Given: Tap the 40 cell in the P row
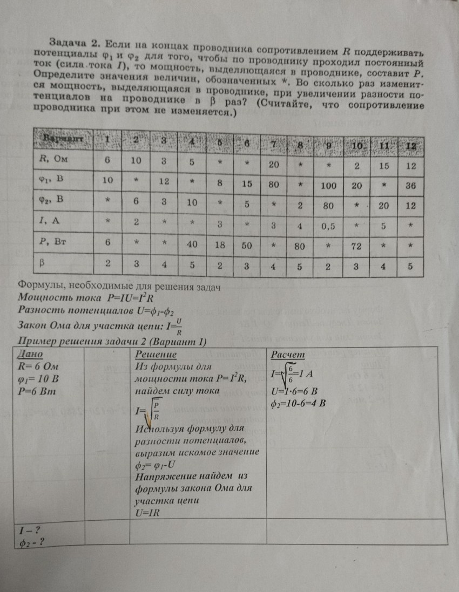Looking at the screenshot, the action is (191, 244).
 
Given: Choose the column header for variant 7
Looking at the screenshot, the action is (274, 144).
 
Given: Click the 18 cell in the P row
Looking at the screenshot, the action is (219, 244).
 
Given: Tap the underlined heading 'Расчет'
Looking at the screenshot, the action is (288, 355).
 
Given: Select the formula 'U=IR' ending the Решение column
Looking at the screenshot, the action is (148, 513).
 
